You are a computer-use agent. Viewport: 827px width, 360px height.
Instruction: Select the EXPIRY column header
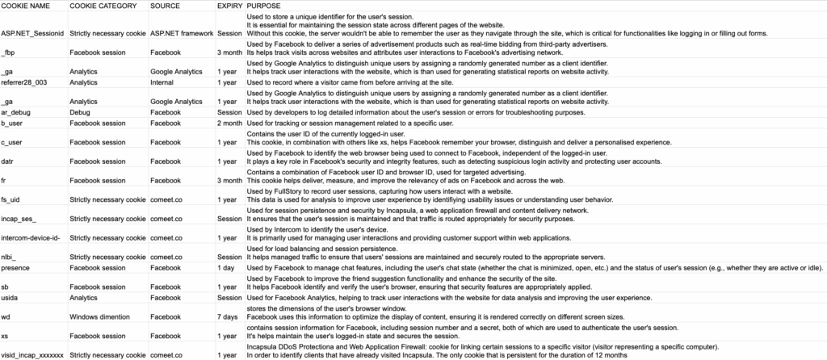(x=229, y=5)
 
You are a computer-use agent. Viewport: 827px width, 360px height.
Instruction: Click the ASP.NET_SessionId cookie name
(x=32, y=34)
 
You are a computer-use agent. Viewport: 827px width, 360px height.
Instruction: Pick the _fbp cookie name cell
(x=9, y=52)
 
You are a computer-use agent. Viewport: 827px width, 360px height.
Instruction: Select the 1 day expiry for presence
(x=227, y=267)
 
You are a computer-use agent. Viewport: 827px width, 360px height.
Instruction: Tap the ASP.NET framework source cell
(x=182, y=34)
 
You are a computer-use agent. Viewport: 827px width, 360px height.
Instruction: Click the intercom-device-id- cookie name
(x=31, y=238)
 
